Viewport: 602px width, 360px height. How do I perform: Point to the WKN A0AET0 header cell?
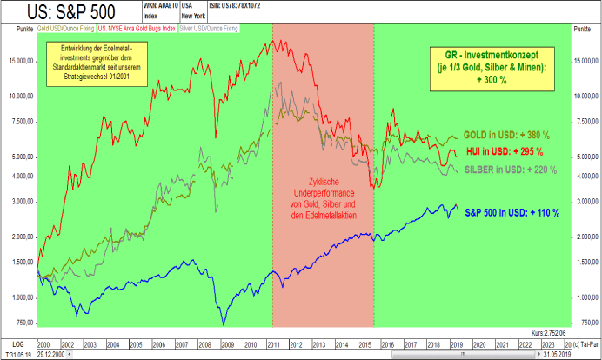pos(157,5)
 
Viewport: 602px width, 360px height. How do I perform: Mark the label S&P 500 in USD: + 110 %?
pos(511,212)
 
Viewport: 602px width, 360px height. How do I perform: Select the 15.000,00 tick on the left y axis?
pos(20,61)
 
